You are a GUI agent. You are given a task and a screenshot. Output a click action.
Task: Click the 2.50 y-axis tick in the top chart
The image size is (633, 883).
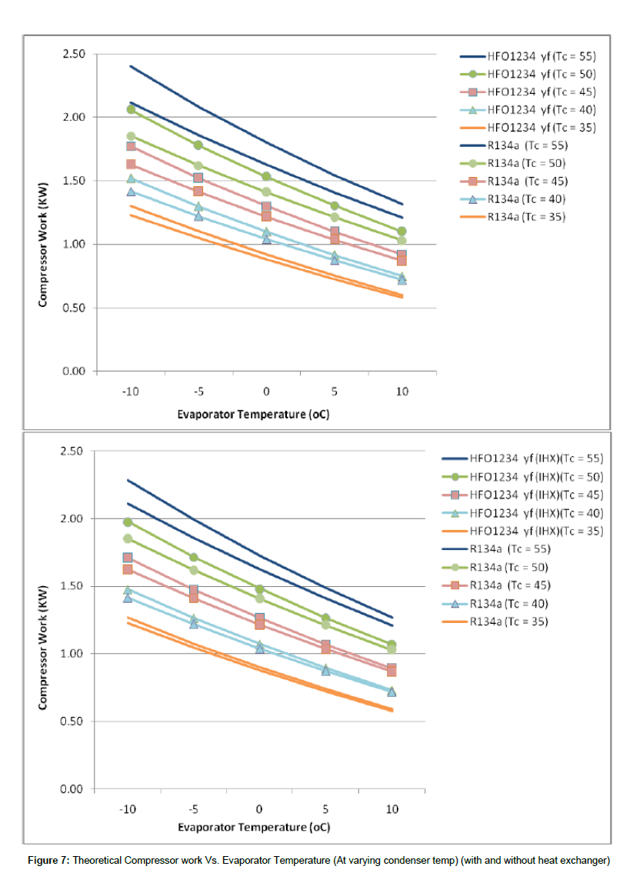(74, 54)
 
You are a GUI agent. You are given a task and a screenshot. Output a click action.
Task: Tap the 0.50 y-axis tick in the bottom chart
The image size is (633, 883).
(72, 721)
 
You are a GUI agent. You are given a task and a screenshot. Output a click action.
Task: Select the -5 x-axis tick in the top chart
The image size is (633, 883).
(198, 392)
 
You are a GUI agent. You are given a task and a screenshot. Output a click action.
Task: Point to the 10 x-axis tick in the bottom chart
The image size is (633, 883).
(392, 809)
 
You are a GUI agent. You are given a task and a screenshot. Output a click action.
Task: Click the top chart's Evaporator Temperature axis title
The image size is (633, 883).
(253, 415)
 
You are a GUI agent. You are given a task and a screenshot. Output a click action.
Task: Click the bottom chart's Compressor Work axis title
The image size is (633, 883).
(43, 648)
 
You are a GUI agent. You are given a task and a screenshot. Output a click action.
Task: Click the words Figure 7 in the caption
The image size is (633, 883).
(49, 861)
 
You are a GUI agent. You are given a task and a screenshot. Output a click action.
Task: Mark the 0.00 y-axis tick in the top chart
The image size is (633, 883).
(74, 371)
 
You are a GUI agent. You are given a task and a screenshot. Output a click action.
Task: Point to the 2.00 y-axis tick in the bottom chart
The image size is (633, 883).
(72, 518)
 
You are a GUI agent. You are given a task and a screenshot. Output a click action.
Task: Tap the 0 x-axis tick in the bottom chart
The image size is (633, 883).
(259, 809)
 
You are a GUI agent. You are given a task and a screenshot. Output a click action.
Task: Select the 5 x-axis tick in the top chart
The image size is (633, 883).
(334, 392)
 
